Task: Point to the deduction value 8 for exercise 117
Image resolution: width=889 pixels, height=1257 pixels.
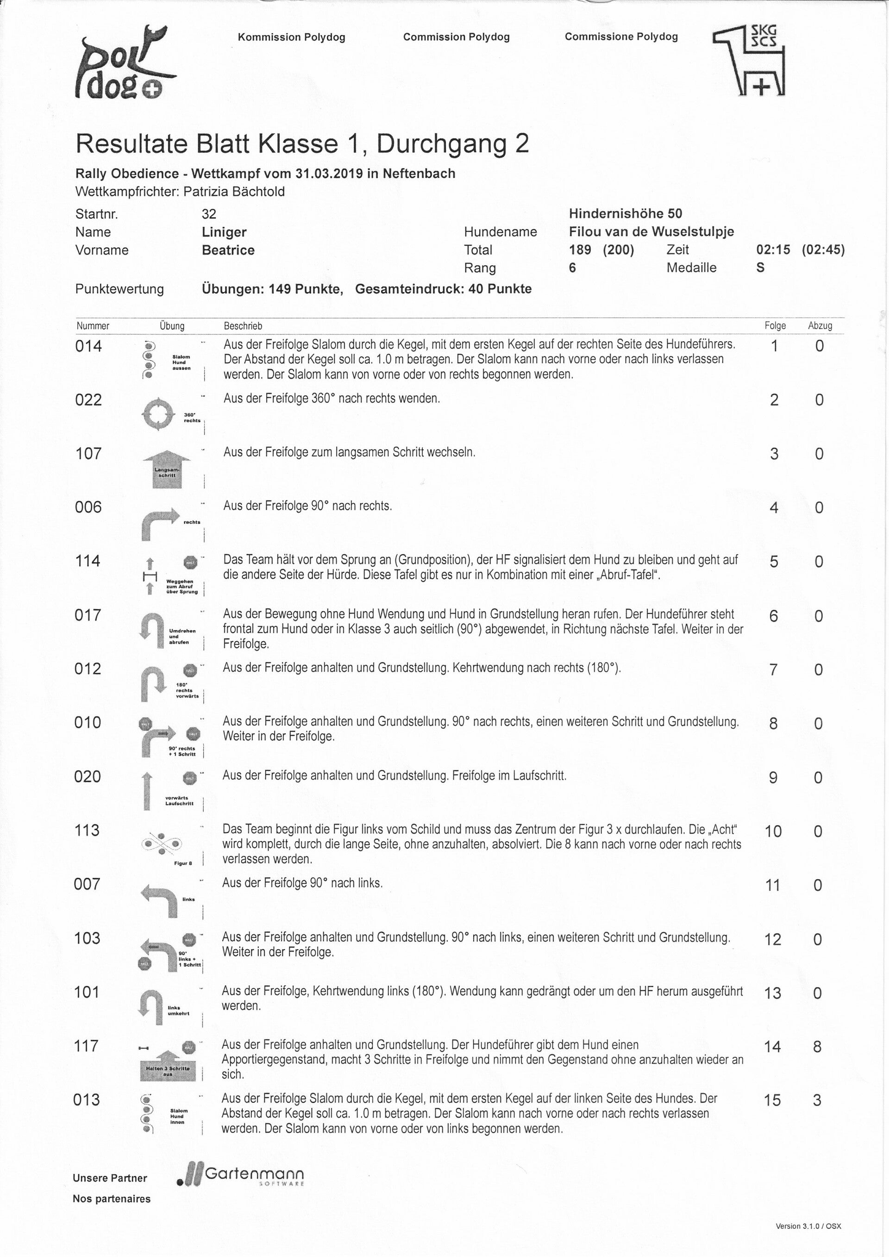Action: pos(817,1047)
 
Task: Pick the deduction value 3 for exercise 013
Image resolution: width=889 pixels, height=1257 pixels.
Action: pos(817,1101)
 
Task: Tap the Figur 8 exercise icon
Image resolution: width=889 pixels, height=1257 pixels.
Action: pos(162,845)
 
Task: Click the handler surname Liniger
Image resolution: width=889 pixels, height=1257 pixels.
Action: pos(224,232)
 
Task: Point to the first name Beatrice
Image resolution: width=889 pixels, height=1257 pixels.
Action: pos(228,250)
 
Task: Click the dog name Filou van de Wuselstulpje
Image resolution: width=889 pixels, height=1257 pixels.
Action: pos(651,231)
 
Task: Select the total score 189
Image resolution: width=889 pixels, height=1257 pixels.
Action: pos(580,250)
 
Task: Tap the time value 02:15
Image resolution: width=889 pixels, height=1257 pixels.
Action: pos(773,250)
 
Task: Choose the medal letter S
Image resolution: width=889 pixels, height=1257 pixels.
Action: pos(760,268)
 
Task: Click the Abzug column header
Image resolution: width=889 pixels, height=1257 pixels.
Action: pos(820,326)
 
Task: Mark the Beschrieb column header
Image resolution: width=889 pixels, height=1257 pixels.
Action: pos(243,326)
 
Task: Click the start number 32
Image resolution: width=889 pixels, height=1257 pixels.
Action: pos(208,214)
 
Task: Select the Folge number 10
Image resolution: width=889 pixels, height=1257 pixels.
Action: pos(772,832)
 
